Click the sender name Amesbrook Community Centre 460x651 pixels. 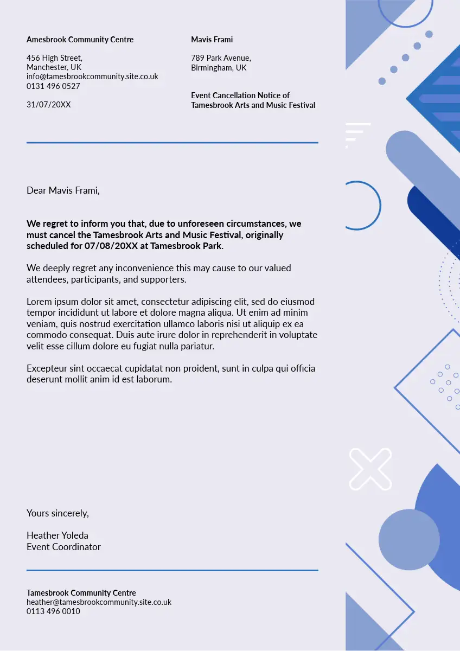[x=80, y=40]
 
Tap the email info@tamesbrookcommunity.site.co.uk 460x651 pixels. [x=92, y=76]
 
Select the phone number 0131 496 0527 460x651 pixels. [x=53, y=86]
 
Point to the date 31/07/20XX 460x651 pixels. [x=48, y=105]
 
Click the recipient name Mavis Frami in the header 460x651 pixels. [x=212, y=40]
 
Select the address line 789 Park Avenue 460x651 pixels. [x=221, y=58]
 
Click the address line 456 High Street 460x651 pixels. [x=54, y=58]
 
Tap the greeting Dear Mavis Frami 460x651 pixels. [x=63, y=190]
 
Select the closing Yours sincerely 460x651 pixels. [x=58, y=513]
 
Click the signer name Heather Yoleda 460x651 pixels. [x=57, y=535]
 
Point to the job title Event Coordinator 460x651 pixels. [x=63, y=547]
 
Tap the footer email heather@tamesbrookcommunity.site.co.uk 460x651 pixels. [x=99, y=602]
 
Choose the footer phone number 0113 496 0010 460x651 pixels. [x=53, y=611]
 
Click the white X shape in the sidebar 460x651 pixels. [x=370, y=469]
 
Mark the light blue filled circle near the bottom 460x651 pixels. [x=408, y=539]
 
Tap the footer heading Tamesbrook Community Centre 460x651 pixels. [x=81, y=593]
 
